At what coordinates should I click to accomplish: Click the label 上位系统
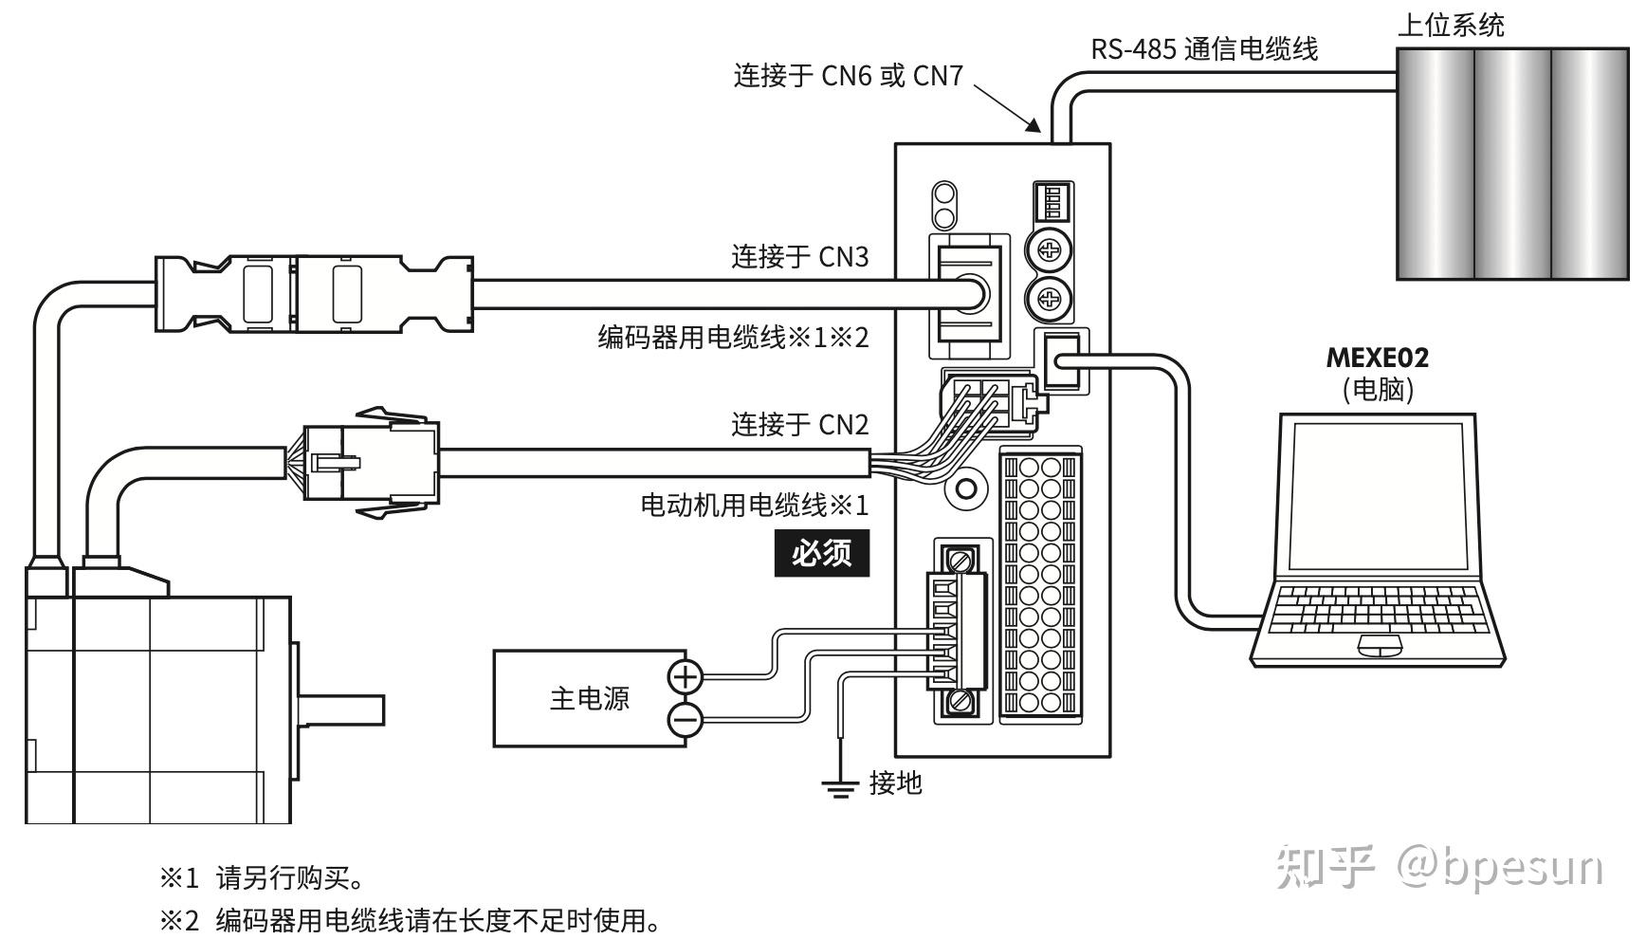pos(1450,25)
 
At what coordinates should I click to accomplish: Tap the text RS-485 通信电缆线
pos(1203,48)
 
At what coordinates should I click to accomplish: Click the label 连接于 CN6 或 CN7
pos(848,76)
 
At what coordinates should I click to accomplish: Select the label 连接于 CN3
pos(799,257)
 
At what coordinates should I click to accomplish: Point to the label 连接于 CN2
pos(799,424)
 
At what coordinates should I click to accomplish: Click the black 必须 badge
pos(821,553)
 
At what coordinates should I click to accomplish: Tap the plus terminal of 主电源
pos(685,676)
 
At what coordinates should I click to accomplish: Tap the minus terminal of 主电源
pos(685,720)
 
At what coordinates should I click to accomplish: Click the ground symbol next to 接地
pos(839,785)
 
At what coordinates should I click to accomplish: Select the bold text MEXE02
pos(1377,359)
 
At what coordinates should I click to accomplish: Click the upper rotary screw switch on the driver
pos(1050,251)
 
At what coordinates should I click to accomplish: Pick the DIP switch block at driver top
pos(1052,202)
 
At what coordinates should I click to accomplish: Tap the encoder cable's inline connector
pos(313,293)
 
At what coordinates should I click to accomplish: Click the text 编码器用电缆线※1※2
pos(733,338)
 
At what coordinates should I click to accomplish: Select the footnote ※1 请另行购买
pos(262,877)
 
